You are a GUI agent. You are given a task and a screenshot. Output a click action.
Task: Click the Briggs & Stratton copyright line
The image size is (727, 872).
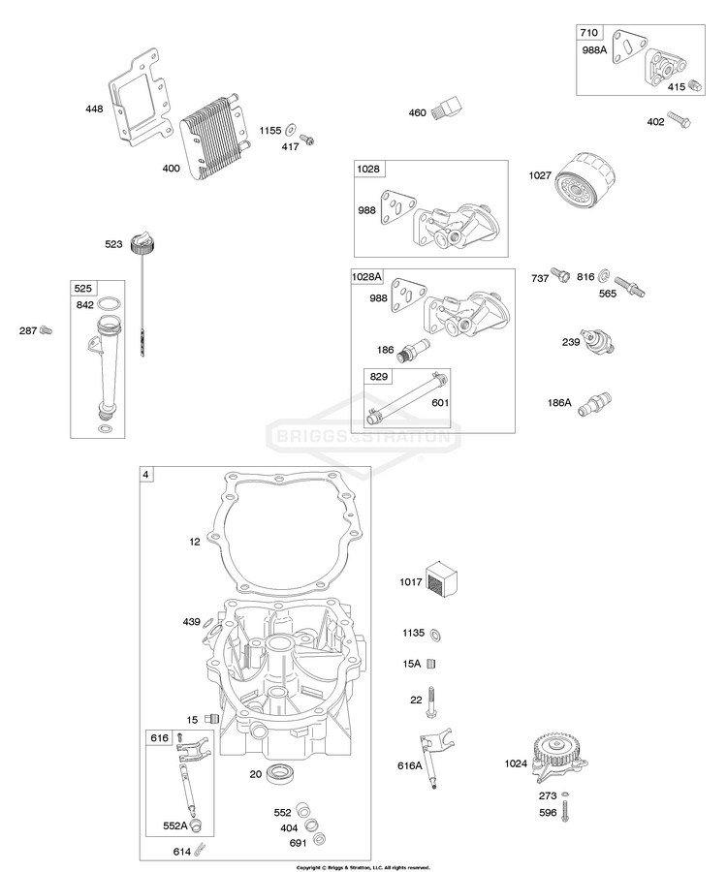[363, 867]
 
